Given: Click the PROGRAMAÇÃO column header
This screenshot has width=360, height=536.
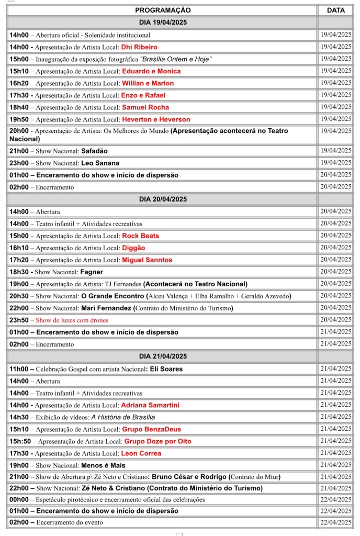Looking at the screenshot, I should click(x=163, y=10).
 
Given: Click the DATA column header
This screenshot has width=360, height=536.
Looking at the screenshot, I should click(x=335, y=10).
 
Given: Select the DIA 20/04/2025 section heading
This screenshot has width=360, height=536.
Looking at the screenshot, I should click(x=163, y=199).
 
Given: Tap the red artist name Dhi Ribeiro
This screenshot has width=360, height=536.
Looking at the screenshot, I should click(x=139, y=47).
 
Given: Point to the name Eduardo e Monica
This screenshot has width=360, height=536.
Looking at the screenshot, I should click(x=151, y=71).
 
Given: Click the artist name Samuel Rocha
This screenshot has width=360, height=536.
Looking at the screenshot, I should click(x=146, y=107).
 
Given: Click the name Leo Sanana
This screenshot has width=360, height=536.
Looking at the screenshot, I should click(x=100, y=163).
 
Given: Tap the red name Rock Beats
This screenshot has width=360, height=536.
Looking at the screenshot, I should click(x=140, y=236).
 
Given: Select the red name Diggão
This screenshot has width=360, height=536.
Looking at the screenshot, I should click(x=133, y=248).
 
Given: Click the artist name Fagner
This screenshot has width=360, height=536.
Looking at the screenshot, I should click(x=92, y=272).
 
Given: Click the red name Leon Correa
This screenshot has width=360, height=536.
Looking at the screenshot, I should click(x=141, y=453).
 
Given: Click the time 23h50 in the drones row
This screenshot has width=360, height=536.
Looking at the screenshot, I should click(x=19, y=320).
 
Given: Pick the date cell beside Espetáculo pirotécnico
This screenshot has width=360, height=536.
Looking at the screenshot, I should click(x=335, y=499).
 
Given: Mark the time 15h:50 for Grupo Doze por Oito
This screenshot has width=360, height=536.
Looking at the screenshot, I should click(x=20, y=441).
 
